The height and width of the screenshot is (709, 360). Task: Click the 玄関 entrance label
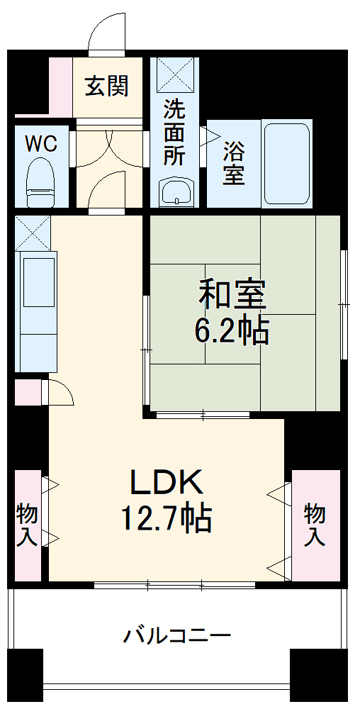pos(107,86)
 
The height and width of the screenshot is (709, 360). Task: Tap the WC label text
pos(41,144)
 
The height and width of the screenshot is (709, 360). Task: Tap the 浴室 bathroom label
pos(234,163)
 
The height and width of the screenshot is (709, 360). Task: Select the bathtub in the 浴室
pos(286,163)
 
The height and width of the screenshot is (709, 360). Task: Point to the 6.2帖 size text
pos(232,330)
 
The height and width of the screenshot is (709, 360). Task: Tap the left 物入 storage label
pos(28,525)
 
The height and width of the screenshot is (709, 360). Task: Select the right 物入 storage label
pos(315,525)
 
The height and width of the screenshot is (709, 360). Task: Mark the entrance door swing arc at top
pos(107,32)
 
